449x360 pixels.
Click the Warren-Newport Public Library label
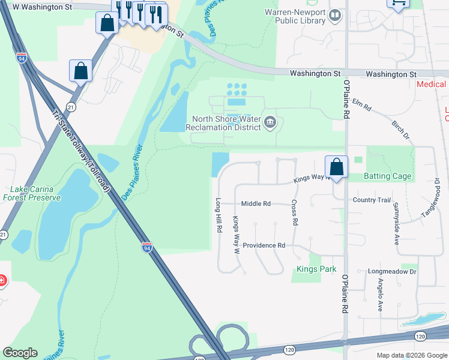click(x=295, y=16)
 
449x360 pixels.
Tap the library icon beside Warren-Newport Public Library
click(x=335, y=16)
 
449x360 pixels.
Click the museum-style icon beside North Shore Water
click(x=270, y=124)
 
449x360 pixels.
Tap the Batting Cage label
click(x=388, y=176)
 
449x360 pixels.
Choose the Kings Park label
click(x=316, y=269)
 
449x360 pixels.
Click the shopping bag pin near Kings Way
click(x=336, y=167)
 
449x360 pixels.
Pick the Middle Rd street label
click(x=256, y=204)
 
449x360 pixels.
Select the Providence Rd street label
click(x=264, y=245)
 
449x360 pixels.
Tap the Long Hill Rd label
click(x=219, y=215)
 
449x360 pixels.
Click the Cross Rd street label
click(x=295, y=213)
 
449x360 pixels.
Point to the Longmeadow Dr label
click(x=391, y=272)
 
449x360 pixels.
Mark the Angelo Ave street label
click(x=380, y=298)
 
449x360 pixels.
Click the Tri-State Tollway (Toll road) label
click(x=82, y=151)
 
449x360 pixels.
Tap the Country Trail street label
click(x=372, y=200)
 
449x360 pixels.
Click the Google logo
click(x=20, y=353)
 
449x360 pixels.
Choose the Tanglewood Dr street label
click(x=434, y=201)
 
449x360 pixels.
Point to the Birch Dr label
click(x=400, y=128)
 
